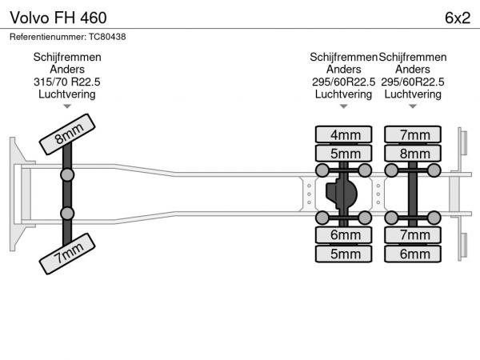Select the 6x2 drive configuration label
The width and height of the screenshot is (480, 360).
click(456, 17)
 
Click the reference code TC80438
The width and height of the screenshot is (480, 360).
click(107, 36)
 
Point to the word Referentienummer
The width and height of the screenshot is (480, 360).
click(46, 36)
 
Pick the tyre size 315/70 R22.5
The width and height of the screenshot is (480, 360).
click(66, 82)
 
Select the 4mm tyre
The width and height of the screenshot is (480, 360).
click(344, 134)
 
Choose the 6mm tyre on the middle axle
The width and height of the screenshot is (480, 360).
click(344, 234)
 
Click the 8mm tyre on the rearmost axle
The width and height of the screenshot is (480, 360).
click(413, 153)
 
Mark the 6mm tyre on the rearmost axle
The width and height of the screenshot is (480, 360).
click(413, 254)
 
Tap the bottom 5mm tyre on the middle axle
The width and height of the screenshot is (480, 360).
click(344, 254)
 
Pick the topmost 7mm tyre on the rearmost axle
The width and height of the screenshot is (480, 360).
click(413, 134)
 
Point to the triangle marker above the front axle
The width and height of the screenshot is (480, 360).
click(66, 106)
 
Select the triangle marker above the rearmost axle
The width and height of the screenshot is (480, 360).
click(413, 106)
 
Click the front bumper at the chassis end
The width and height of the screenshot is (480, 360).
click(15, 194)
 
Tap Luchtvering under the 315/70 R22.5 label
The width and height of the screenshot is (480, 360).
click(66, 94)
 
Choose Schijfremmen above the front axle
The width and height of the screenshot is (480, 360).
click(66, 58)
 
